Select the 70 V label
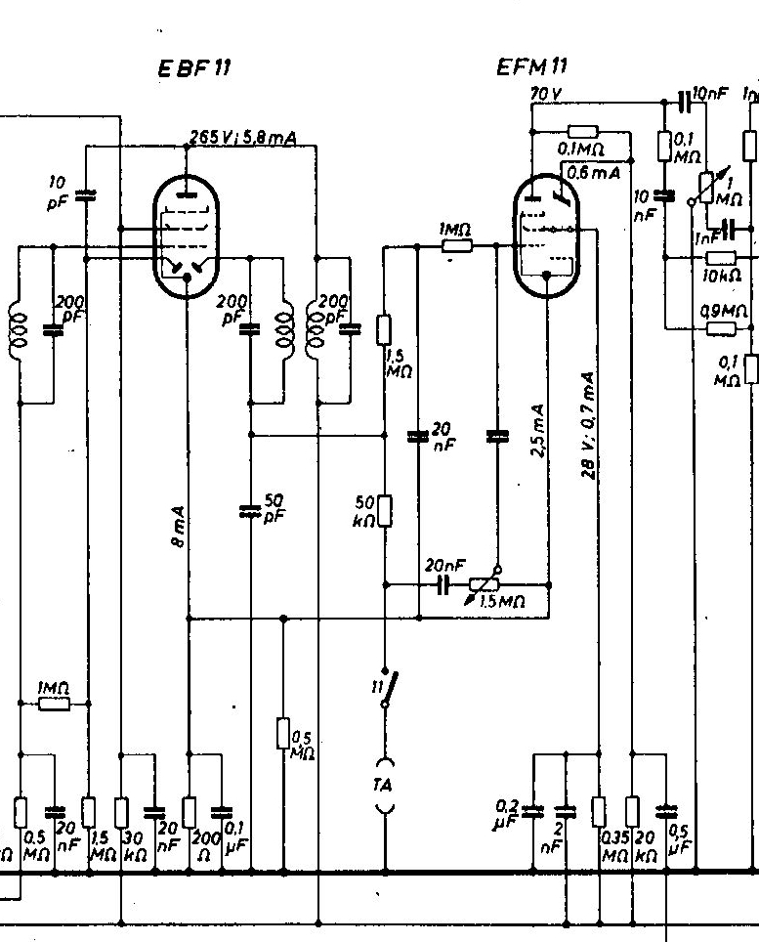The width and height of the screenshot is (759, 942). [539, 95]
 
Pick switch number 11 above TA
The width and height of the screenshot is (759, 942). [389, 688]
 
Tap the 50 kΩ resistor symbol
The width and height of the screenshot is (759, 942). [385, 510]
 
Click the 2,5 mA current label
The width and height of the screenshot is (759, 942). [535, 420]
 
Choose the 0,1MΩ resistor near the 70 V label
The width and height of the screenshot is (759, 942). [583, 132]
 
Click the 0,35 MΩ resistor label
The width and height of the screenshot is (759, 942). [614, 846]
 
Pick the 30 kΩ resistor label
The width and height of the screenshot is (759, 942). [131, 845]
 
